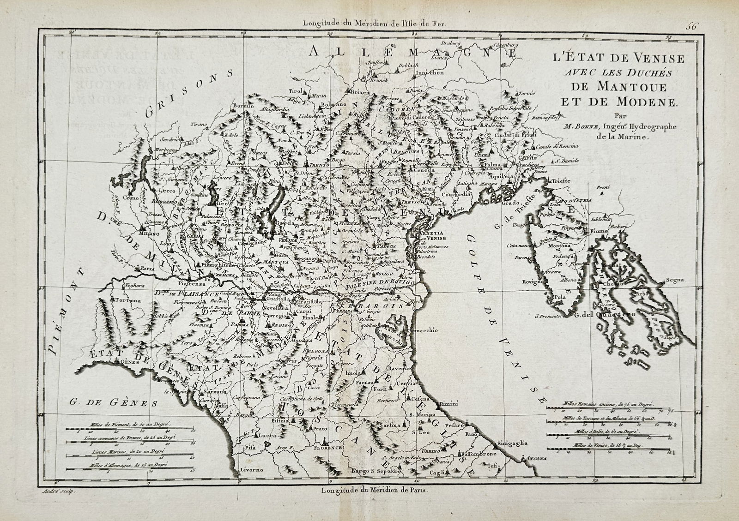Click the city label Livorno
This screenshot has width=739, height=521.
coord(251,470)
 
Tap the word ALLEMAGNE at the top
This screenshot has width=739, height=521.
coord(406,52)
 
